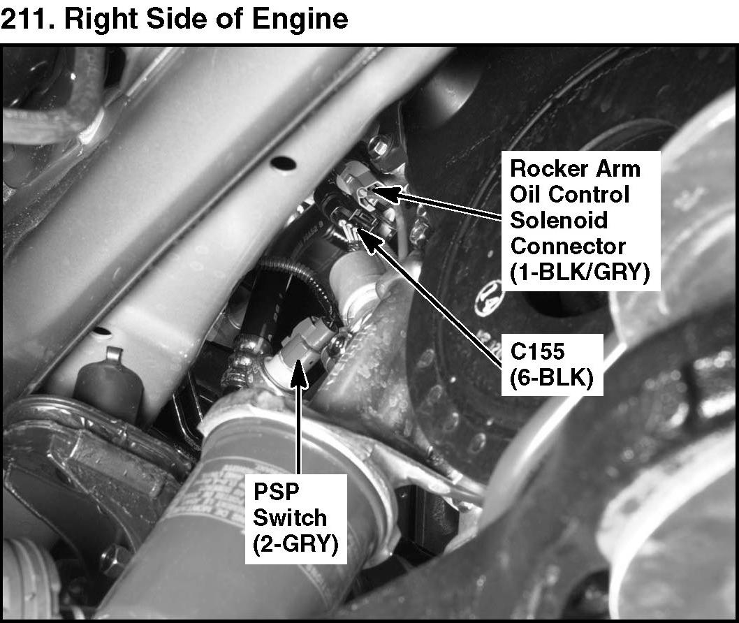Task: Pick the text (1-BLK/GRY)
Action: (580, 272)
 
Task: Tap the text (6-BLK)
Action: (552, 377)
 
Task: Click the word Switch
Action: (289, 518)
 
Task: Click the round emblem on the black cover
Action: (490, 297)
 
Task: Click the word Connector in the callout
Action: (567, 246)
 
